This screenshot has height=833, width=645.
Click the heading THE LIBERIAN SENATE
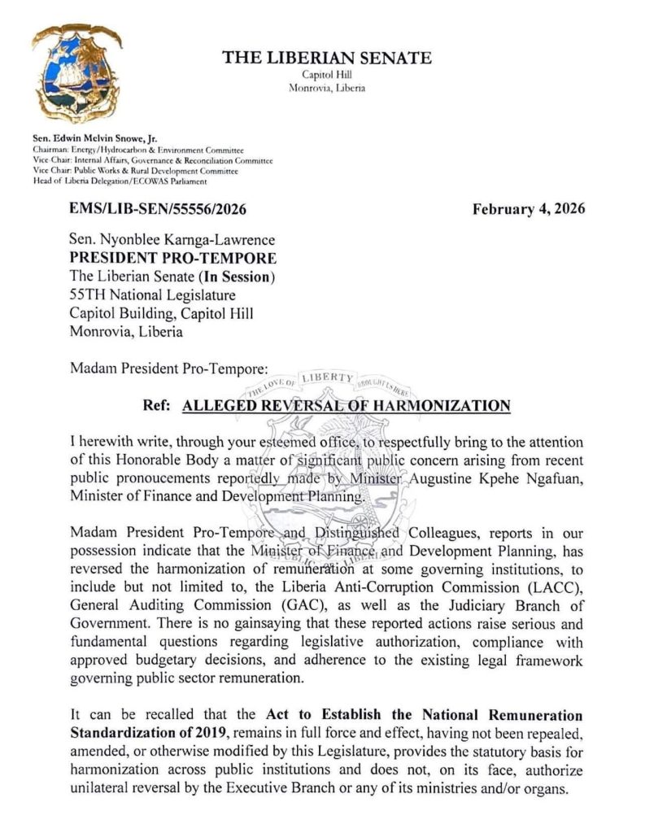point(327,58)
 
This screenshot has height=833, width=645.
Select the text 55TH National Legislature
point(152,295)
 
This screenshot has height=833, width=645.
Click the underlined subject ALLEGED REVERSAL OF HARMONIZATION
point(346,406)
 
